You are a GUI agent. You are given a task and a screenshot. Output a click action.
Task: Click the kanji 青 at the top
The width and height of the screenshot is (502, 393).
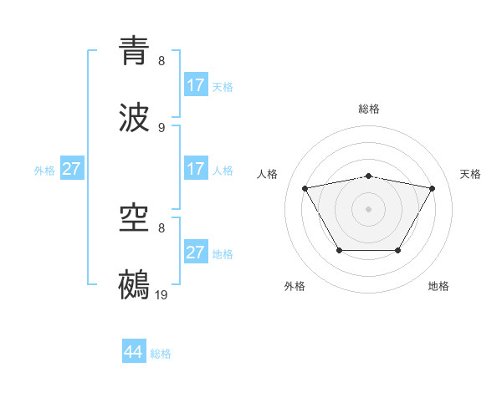coord(135,50)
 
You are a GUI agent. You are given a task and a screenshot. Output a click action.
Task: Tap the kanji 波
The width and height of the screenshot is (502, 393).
coord(135,118)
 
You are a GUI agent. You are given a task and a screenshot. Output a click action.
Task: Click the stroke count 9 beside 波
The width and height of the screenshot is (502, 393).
coord(161,128)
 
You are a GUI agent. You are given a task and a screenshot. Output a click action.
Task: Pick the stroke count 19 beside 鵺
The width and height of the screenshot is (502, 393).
coord(161,294)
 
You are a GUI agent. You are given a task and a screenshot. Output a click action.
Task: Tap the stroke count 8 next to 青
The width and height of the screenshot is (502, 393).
coord(161,61)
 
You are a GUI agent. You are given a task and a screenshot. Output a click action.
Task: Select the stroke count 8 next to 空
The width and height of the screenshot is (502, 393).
coord(161,227)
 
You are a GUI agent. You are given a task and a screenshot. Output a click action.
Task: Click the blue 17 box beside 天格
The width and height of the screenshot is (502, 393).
coord(196,85)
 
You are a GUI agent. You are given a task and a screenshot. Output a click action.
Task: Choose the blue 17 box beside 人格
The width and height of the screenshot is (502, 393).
coord(196,169)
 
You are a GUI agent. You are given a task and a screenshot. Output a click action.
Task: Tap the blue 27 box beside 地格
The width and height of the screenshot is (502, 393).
coord(196,253)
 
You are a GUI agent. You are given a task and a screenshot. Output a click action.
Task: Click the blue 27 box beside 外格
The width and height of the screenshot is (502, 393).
coord(72,169)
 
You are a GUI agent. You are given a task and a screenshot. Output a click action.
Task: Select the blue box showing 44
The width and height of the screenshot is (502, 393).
coord(134,352)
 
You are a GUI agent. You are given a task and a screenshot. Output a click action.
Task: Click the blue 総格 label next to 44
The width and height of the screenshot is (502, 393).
coord(161,354)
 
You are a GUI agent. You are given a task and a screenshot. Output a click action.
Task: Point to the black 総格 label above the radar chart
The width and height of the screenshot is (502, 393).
coord(369,109)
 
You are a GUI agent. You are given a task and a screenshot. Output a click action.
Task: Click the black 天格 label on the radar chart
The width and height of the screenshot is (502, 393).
coord(470,174)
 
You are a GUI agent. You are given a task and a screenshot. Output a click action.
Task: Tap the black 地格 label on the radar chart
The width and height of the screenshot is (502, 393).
coord(438,286)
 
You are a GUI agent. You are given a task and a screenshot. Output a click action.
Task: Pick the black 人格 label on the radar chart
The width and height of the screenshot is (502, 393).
coord(268,174)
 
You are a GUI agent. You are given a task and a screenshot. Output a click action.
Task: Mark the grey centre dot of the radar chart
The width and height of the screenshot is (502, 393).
coord(369,209)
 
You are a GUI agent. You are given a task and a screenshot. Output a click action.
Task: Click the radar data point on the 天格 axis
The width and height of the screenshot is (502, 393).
coord(432,188)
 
